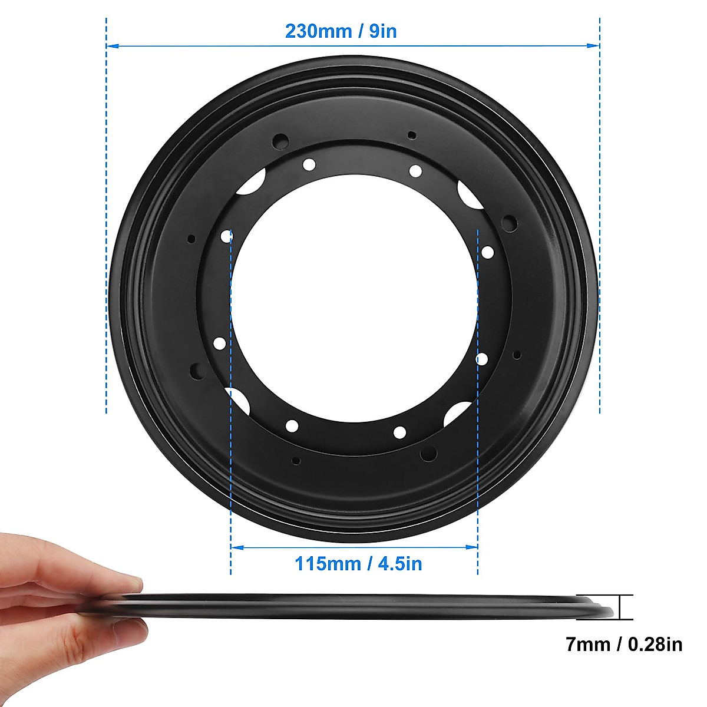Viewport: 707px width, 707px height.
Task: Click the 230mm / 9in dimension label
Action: pos(341,31)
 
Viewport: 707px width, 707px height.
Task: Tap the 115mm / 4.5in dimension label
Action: pos(358,564)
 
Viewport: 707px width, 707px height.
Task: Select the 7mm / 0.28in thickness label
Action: pos(624,645)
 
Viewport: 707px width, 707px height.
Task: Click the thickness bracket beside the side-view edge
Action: pos(626,607)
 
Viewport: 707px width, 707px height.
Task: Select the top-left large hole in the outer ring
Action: pos(280,141)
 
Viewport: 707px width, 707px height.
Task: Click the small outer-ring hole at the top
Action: pos(412,136)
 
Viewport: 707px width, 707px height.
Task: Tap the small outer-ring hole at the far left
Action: pos(191,239)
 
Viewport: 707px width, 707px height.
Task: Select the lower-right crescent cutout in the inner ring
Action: pos(458,413)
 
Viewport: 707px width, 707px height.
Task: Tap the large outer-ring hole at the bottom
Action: pos(428,453)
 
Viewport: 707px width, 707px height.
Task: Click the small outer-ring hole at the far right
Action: pos(517,355)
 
